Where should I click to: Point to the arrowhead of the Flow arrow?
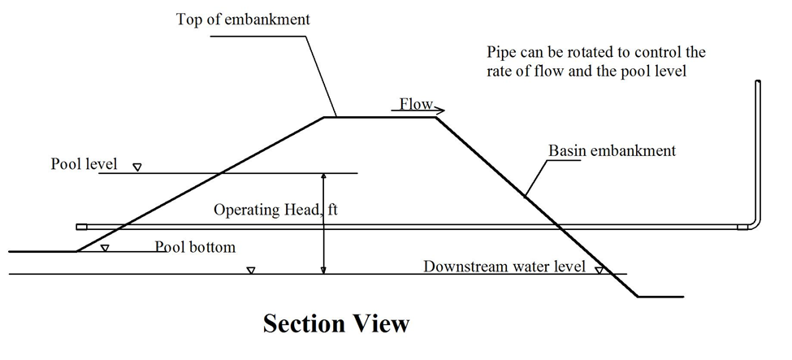[x=441, y=109]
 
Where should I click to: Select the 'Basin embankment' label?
[x=612, y=151]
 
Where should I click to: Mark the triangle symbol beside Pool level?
[x=137, y=167]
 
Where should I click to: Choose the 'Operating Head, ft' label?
[x=275, y=210]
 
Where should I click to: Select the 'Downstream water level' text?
[x=504, y=266]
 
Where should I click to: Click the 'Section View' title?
[x=335, y=324]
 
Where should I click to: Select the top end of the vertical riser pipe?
[x=758, y=82]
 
